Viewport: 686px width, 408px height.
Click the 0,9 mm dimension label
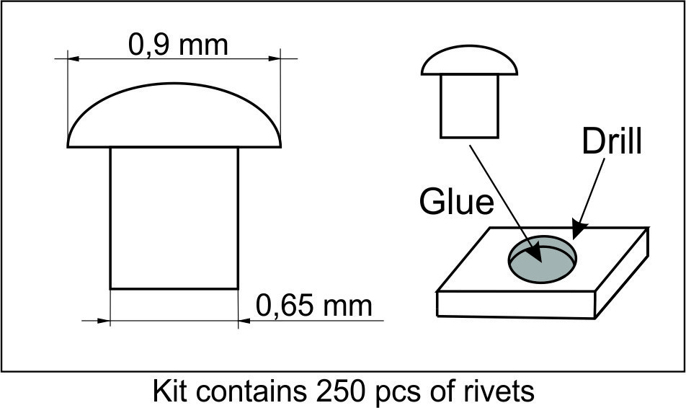coord(178,45)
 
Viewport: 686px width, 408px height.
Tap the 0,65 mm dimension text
coord(313,305)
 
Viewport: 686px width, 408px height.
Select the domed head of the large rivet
coord(174,115)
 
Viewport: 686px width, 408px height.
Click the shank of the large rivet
coord(174,218)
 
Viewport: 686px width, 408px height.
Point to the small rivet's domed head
coord(469,61)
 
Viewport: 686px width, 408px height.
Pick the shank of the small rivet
coord(469,107)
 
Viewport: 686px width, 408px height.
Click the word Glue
coord(456,202)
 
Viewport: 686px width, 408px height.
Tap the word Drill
coord(612,141)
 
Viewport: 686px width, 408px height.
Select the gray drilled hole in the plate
coord(542,260)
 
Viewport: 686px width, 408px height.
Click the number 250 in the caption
coord(338,391)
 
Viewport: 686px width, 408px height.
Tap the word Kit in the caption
coord(169,391)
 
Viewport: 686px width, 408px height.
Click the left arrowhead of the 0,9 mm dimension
coord(73,58)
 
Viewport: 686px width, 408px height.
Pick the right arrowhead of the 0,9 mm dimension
coord(275,58)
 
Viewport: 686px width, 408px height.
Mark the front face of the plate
coord(516,304)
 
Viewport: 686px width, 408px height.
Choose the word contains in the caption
coord(251,391)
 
